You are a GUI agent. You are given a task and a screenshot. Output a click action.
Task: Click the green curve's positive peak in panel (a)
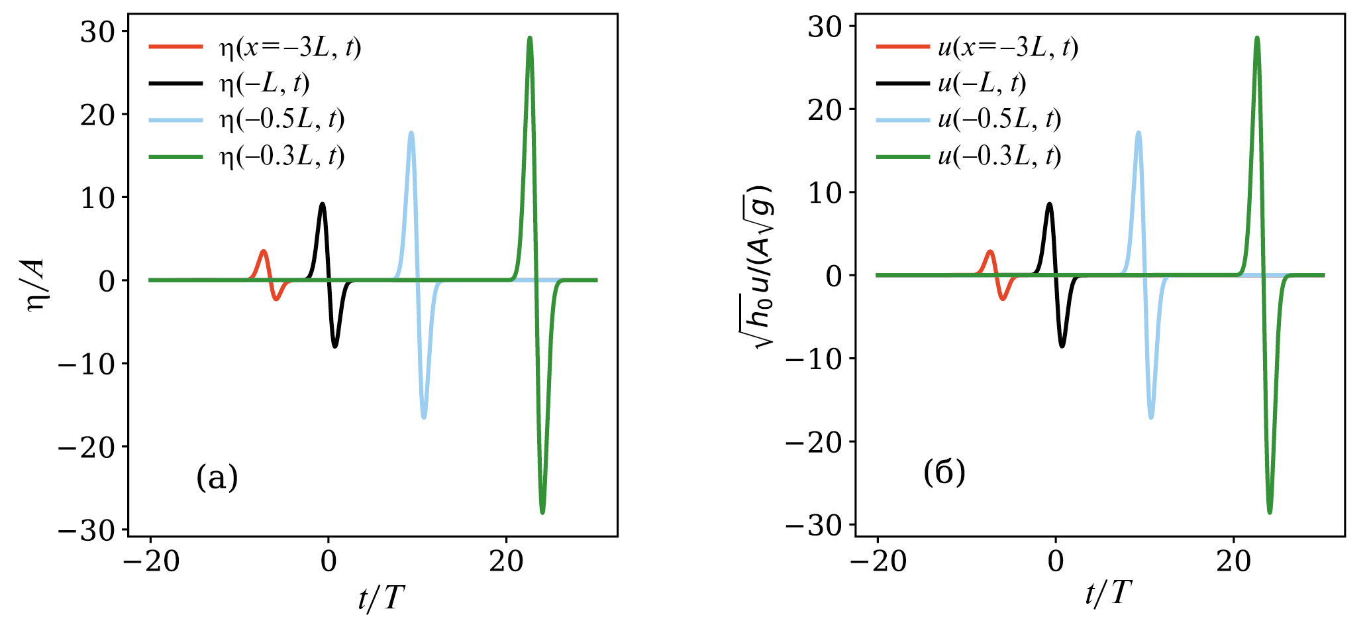(529, 38)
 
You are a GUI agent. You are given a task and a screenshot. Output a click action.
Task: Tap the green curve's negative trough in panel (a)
(542, 512)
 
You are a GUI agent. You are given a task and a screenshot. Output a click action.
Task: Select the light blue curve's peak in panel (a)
(411, 133)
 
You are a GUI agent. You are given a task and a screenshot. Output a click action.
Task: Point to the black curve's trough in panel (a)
(335, 346)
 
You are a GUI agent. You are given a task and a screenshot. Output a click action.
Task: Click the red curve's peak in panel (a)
(264, 251)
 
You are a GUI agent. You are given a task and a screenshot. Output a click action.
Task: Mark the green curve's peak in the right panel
(1256, 38)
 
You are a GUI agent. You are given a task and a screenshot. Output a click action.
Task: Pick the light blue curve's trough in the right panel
(1151, 418)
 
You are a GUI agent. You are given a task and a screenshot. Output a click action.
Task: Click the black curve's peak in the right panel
(1049, 204)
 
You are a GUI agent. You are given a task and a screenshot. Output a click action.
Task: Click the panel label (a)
(217, 477)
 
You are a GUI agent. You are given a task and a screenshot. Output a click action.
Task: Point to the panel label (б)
(944, 473)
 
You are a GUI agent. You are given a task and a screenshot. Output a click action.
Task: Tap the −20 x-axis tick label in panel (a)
(151, 562)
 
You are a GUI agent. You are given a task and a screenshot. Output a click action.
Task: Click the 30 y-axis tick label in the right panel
(825, 27)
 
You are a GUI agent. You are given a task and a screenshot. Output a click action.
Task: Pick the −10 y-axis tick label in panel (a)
(87, 364)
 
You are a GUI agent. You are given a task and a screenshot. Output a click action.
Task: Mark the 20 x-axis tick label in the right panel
(1233, 562)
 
